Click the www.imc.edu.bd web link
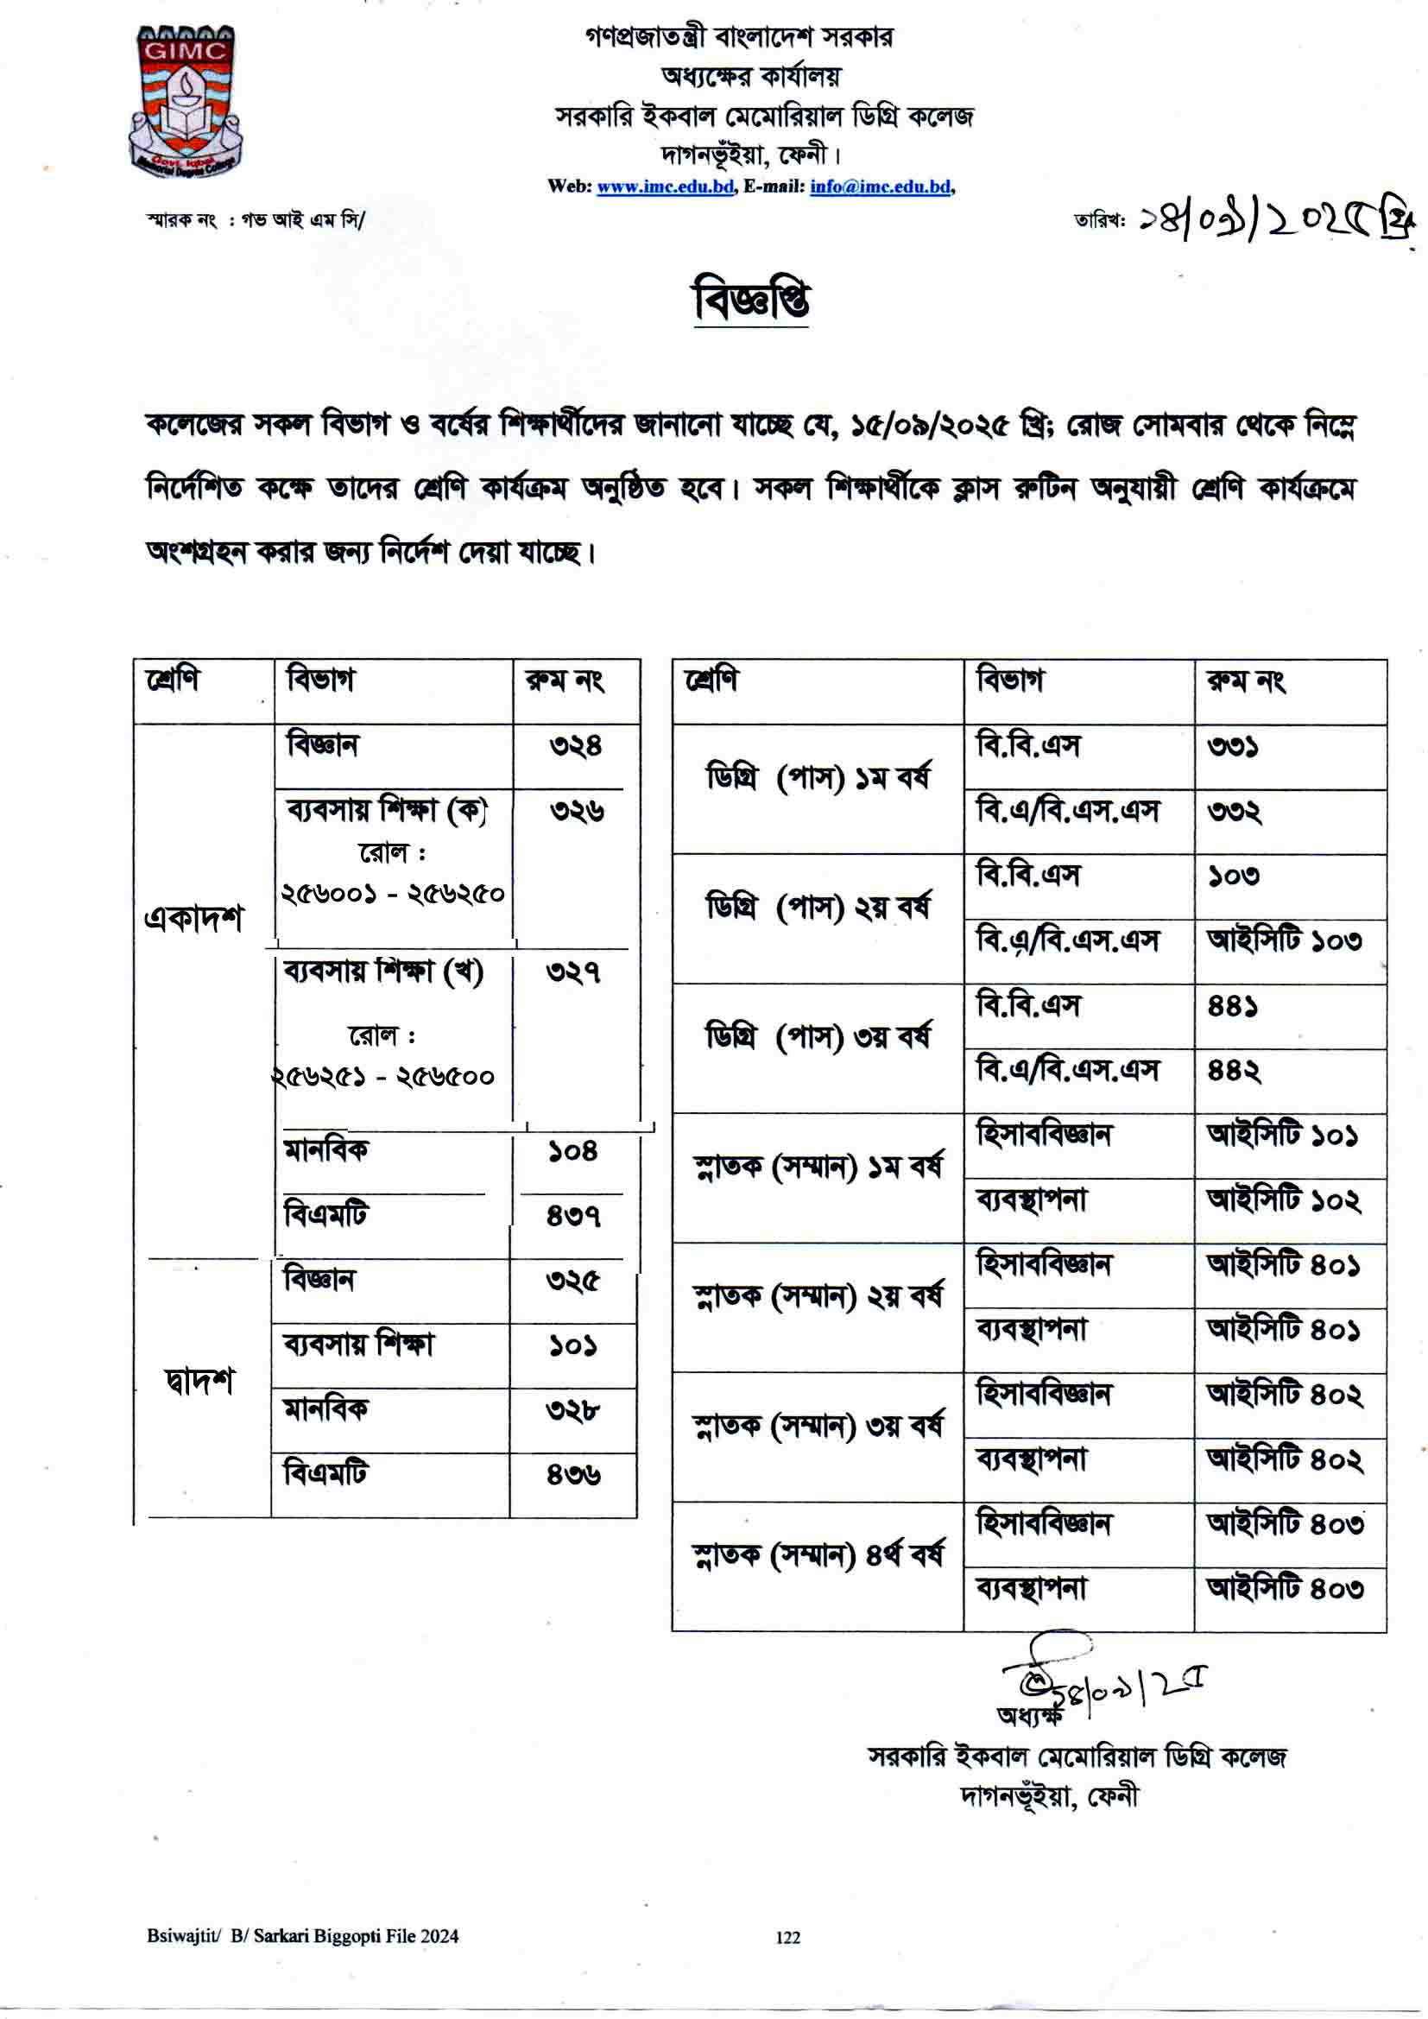point(665,187)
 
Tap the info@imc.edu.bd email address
point(880,187)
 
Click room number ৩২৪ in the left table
point(576,747)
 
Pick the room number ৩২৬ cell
point(577,811)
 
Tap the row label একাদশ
point(193,919)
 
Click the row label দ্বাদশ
point(199,1382)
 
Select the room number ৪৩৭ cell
point(573,1217)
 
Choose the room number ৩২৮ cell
point(572,1411)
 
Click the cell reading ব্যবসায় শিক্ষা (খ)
point(383,973)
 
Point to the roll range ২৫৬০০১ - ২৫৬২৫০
point(392,895)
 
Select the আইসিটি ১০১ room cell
point(1282,1136)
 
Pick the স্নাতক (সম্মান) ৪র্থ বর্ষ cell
point(817,1555)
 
